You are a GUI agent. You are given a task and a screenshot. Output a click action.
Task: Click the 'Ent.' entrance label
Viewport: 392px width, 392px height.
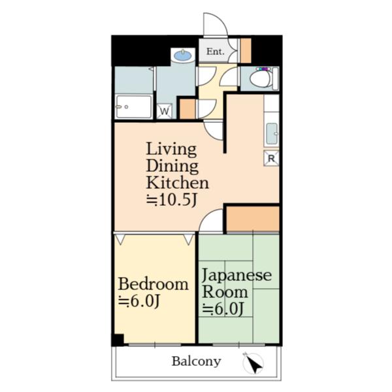[x=215, y=52]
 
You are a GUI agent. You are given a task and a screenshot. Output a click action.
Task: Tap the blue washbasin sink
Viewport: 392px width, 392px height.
[x=183, y=55]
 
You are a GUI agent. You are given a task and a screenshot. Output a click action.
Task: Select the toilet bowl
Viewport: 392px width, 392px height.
[x=260, y=79]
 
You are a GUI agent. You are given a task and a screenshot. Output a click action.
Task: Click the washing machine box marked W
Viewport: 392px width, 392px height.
[x=164, y=111]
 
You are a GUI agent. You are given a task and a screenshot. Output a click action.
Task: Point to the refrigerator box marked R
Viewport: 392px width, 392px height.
[x=271, y=158]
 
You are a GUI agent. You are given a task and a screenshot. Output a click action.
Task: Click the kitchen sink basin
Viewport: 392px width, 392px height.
[x=272, y=134]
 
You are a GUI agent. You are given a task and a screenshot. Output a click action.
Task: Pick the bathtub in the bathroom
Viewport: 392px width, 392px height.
[x=134, y=106]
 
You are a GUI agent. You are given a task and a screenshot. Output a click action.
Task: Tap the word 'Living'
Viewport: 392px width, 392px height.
[x=171, y=149]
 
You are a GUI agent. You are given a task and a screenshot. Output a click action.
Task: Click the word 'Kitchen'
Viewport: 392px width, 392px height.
[x=178, y=182]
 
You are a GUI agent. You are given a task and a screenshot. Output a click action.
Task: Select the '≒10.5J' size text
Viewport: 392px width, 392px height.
[x=172, y=200]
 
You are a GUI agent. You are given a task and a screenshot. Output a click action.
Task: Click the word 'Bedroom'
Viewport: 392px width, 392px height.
[x=154, y=284]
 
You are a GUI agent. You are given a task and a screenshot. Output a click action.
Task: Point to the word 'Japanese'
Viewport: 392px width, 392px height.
[x=237, y=276]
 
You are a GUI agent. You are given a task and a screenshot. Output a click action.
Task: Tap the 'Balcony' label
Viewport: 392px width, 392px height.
[x=197, y=361]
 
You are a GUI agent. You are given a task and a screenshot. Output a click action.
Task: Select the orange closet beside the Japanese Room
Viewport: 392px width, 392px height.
[x=253, y=219]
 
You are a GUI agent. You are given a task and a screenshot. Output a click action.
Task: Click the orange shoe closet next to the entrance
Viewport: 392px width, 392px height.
[x=246, y=50]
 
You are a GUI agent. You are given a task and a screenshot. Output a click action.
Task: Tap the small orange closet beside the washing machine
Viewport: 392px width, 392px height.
[x=188, y=109]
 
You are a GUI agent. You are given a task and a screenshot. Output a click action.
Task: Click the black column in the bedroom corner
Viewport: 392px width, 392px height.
[x=118, y=340]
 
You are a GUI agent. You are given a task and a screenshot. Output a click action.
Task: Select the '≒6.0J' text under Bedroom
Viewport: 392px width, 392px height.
[x=139, y=301]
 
